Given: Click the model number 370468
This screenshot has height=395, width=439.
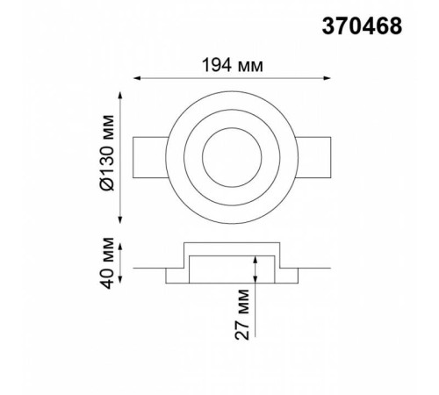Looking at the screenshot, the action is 362,26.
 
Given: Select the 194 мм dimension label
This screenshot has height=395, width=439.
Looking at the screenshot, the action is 233,65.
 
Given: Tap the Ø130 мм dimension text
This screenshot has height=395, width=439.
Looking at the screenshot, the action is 106,153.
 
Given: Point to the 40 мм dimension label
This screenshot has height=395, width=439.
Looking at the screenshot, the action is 106,263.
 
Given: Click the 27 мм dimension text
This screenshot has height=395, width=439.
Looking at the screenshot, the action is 242,314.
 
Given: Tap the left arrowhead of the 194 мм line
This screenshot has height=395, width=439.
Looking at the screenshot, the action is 137,78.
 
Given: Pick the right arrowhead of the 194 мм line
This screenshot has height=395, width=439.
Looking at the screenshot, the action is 327,78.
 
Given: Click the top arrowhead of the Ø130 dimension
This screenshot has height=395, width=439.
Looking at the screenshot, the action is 120,96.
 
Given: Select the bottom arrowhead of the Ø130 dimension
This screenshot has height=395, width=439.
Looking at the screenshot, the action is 120,219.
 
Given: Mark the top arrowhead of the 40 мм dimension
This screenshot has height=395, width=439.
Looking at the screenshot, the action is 120,247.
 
